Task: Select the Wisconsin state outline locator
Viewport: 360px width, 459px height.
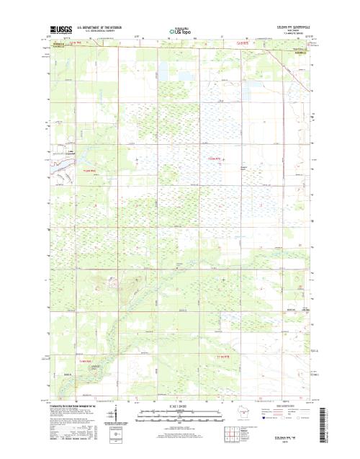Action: [x=243, y=416]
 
